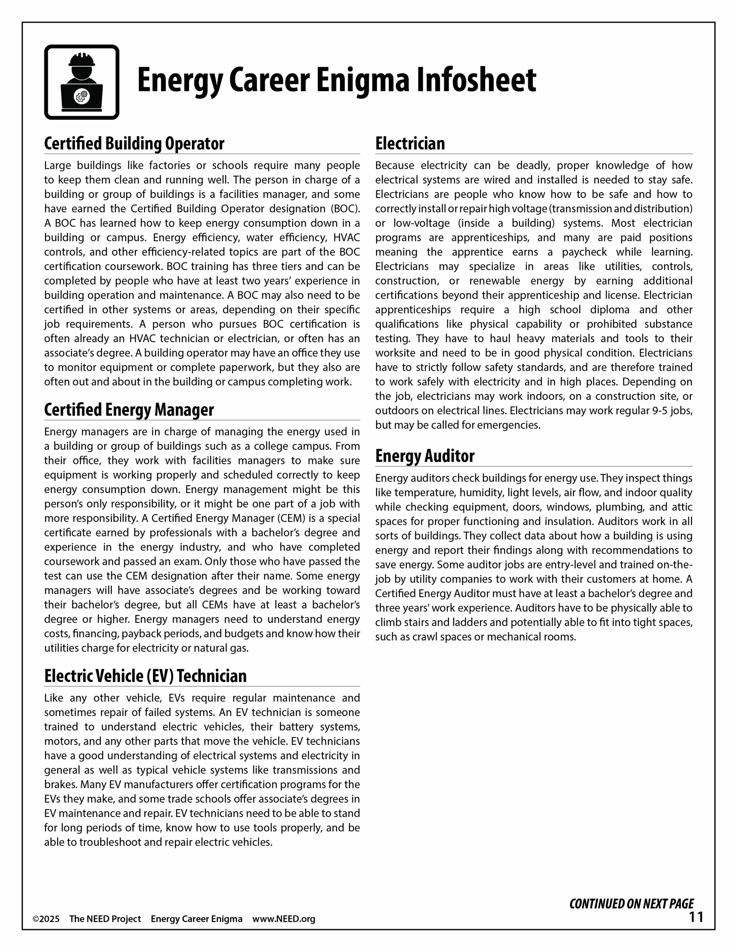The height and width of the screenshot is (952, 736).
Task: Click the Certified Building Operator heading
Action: (x=134, y=144)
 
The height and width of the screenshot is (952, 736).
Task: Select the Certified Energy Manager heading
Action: (x=129, y=410)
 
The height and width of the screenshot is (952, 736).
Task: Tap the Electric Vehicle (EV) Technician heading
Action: (x=145, y=676)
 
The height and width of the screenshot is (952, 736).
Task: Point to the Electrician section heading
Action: (x=410, y=144)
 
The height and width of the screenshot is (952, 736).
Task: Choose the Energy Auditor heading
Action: (x=425, y=456)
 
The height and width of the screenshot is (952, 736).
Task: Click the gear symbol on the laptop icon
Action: (x=81, y=96)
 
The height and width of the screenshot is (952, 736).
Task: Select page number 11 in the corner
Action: (x=696, y=917)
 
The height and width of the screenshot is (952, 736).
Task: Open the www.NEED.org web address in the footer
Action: (x=284, y=919)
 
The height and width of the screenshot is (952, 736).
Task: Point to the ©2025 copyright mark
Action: (x=46, y=919)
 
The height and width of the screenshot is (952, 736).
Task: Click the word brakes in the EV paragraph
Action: (x=61, y=785)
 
